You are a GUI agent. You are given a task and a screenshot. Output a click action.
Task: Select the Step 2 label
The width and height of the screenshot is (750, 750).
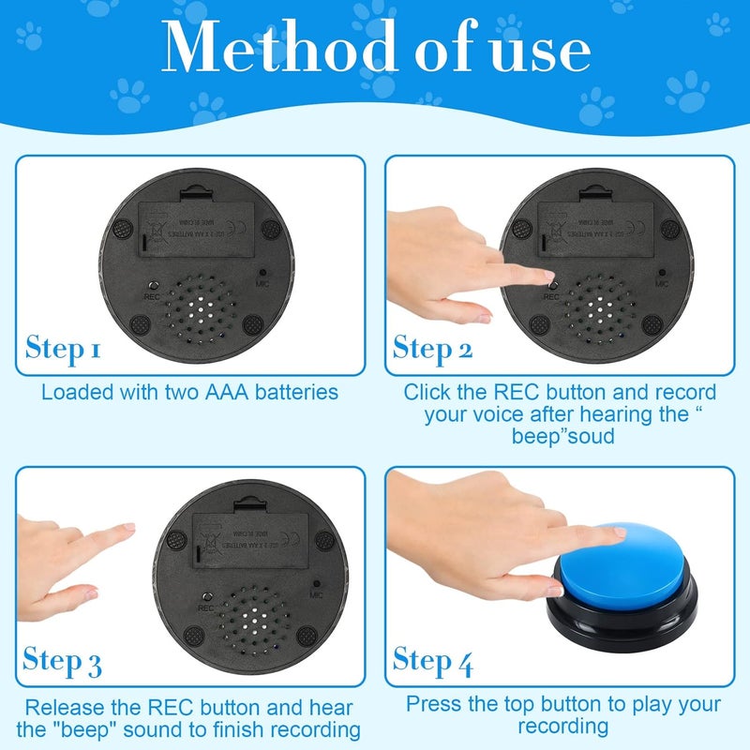pos(432,348)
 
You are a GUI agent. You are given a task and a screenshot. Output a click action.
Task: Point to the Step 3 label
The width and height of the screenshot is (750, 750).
pos(63,661)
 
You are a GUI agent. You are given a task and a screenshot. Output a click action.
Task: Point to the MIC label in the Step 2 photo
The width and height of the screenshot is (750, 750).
pos(662,282)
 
